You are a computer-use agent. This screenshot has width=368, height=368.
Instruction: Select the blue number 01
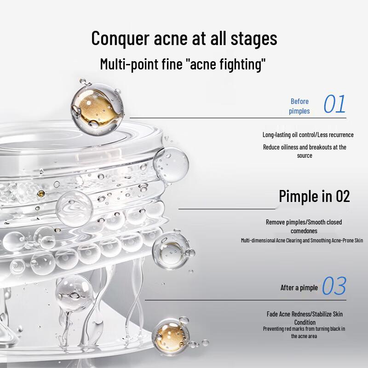[334, 105]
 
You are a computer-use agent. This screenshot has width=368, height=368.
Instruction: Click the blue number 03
[333, 287]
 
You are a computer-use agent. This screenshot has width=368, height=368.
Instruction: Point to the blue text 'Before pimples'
[299, 106]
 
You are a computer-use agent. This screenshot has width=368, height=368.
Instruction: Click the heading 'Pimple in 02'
[314, 196]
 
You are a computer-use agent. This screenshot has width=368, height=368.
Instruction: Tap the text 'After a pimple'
[299, 288]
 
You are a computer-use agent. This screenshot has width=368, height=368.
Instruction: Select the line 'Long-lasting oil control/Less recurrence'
[308, 135]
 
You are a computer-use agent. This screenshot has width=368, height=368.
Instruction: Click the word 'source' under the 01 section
[305, 155]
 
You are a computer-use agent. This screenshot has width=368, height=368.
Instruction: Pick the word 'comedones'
[304, 231]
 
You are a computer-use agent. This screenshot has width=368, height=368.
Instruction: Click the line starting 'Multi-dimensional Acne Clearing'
[302, 241]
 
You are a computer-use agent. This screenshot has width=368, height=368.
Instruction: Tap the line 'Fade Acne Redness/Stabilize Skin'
[305, 314]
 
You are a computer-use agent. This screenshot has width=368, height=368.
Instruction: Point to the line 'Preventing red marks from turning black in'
[304, 329]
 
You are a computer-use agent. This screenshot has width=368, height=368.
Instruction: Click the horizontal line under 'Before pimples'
[230, 118]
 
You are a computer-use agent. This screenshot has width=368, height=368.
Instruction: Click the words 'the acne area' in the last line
[304, 336]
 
